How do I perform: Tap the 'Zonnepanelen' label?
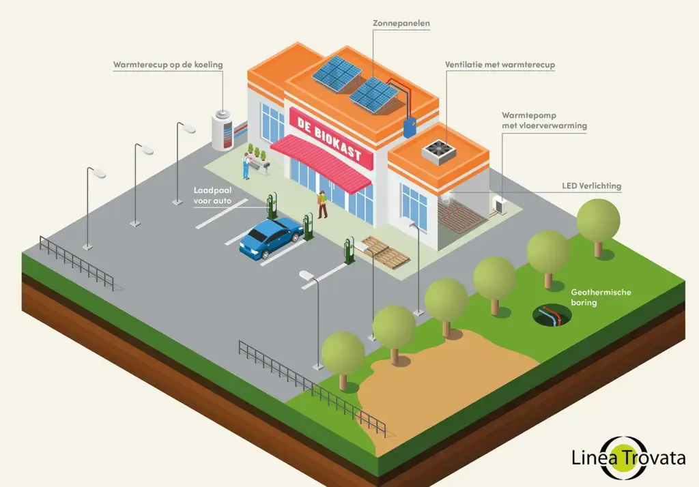(x=401, y=23)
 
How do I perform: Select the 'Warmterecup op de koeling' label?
(x=168, y=65)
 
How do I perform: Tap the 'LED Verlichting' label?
(x=591, y=186)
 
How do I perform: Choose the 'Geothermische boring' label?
(x=601, y=297)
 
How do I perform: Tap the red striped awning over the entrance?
(x=321, y=161)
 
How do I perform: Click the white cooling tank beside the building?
(x=223, y=130)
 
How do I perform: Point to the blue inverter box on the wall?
(x=410, y=128)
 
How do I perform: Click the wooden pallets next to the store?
(x=384, y=250)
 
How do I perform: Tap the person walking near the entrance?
(x=322, y=204)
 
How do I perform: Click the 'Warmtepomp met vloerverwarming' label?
(x=544, y=121)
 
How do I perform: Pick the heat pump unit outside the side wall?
(x=500, y=204)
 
